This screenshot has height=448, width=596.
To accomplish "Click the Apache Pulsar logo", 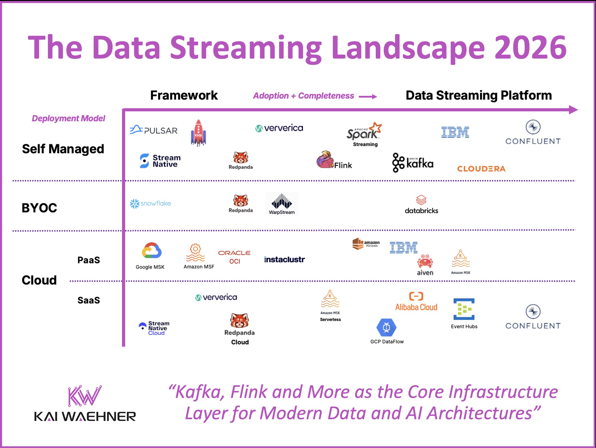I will click(153, 130).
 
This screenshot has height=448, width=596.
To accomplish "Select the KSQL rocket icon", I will click(198, 133).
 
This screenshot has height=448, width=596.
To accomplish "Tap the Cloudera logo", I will click(481, 169).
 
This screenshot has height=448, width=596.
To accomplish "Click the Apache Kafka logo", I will click(413, 163).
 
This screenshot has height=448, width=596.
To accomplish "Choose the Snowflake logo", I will click(150, 203).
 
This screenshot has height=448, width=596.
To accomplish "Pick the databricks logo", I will click(421, 205).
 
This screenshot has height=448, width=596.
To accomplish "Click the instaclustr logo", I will click(284, 260).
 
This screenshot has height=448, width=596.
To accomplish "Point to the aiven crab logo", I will click(425, 261).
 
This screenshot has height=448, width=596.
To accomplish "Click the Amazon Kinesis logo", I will click(366, 244).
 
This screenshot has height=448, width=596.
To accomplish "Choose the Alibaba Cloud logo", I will click(416, 302).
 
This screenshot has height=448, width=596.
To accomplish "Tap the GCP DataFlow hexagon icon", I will click(386, 327).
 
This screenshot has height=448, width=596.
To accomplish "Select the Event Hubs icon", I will click(464, 309).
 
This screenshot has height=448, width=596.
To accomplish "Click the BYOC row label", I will click(39, 208).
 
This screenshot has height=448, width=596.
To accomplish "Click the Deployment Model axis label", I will click(69, 119).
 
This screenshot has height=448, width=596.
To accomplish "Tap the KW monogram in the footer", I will click(84, 396).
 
